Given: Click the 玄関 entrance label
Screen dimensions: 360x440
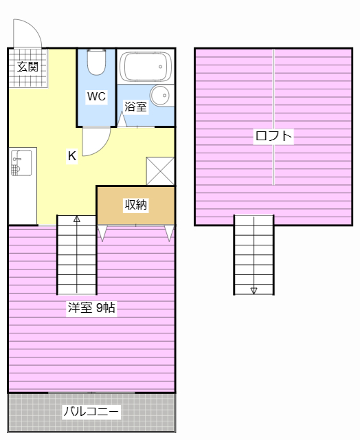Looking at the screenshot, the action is tap(27, 67).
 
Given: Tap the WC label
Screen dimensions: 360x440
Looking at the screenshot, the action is tap(96, 96).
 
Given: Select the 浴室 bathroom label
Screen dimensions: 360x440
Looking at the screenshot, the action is tap(135, 107).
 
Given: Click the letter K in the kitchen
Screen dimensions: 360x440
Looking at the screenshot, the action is tap(72, 156).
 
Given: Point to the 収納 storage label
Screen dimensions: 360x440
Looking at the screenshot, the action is tap(136, 205).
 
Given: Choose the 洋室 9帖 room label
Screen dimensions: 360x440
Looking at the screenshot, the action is tap(91, 308).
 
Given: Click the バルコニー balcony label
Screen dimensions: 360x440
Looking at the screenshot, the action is tap(91, 412).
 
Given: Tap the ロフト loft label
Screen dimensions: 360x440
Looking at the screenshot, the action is tap(273, 136).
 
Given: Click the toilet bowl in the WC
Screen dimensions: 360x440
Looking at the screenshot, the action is tap(96, 62).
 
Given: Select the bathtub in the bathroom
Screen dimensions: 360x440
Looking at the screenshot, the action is tap(145, 67).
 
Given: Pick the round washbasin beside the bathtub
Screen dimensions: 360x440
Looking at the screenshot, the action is tap(159, 96).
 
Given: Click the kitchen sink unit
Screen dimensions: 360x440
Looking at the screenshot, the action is tap(21, 163).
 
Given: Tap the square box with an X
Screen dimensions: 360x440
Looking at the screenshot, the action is tap(160, 171).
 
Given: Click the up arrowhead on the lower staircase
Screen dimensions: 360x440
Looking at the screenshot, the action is tap(77, 219).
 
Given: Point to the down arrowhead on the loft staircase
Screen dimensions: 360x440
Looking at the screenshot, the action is tap(254, 291).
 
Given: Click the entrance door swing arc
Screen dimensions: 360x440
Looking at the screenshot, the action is tap(34, 26).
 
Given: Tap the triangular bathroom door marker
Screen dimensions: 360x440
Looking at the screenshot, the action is tap(122, 120).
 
